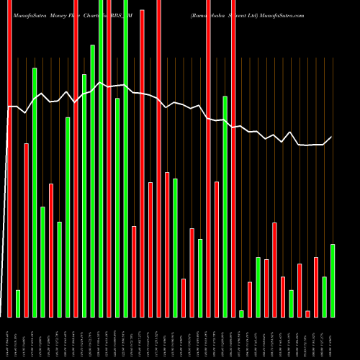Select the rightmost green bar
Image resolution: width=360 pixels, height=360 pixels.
point(333,280)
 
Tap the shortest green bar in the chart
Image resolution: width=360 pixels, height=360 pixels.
point(241,313)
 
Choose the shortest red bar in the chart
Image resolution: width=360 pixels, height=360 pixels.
point(307,313)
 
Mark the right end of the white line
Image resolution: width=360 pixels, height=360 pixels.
point(332,137)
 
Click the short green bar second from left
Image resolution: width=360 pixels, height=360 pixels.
point(18,303)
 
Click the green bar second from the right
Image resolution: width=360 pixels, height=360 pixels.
point(324,297)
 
